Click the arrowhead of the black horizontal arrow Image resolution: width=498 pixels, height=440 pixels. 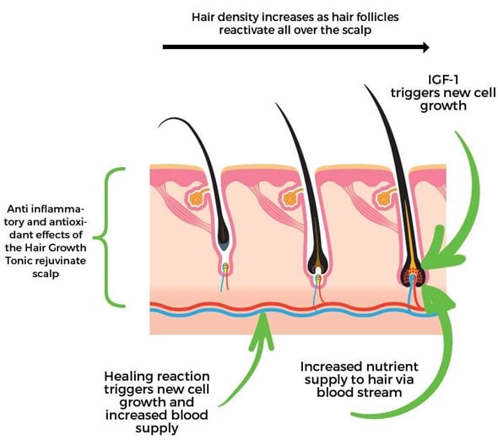425,47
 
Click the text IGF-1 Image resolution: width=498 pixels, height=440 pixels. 443,79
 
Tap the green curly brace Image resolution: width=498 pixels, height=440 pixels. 109,237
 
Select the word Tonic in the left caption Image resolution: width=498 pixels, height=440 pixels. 19,261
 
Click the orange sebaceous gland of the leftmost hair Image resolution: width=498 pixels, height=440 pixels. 197,198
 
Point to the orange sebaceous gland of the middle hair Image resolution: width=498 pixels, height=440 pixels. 290,198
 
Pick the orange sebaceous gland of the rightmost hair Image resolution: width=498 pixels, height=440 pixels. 383,198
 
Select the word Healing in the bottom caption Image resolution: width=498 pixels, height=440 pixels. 127,378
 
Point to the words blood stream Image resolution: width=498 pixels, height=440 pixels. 360,393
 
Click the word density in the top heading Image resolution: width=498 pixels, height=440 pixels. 235,18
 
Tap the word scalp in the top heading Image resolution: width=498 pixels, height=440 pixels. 357,30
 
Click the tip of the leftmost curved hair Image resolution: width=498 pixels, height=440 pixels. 158,127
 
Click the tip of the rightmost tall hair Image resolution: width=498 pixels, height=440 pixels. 365,84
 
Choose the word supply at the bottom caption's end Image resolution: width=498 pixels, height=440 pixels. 157,429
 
